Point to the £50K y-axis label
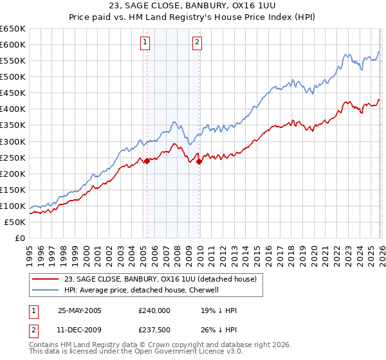point(15,222)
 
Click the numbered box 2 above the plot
point(197,43)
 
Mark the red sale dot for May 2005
point(147,161)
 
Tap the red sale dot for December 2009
point(199,161)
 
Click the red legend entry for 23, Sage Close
point(160,279)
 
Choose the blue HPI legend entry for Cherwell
point(142,290)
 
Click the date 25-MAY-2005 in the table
point(80,310)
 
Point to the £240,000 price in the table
point(154,310)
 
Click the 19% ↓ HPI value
point(219,310)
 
